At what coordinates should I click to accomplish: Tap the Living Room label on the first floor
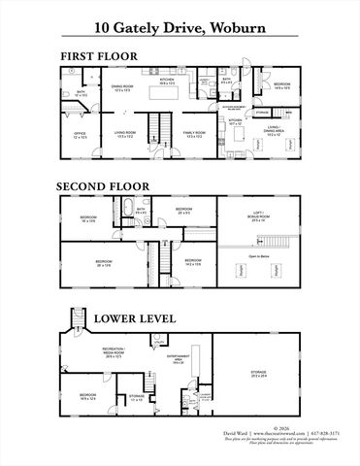(x=126, y=135)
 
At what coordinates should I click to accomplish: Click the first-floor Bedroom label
(x=281, y=85)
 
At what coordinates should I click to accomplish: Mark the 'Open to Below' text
(x=260, y=257)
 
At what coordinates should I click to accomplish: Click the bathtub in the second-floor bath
(x=125, y=211)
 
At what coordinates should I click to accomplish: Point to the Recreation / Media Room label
(x=117, y=355)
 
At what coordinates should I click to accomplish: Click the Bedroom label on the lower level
(x=87, y=396)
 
